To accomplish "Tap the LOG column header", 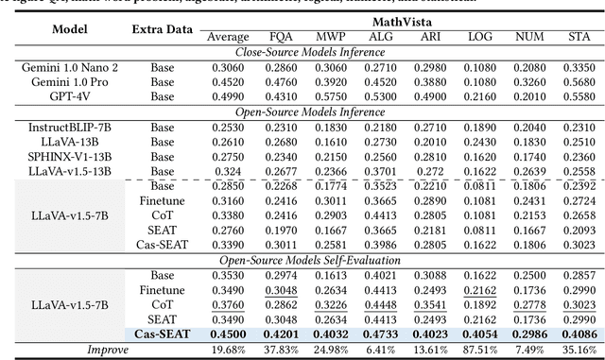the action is click(480, 37).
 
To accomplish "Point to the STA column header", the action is click(576, 37).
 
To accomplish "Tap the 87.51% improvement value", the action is click(480, 349).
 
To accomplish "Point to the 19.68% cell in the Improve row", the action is click(228, 349).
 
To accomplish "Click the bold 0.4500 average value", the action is click(228, 334).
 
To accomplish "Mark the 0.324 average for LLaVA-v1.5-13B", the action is click(228, 170).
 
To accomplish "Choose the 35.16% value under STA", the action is click(576, 349).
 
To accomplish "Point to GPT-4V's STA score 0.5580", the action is click(576, 95).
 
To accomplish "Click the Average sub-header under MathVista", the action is click(228, 37).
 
